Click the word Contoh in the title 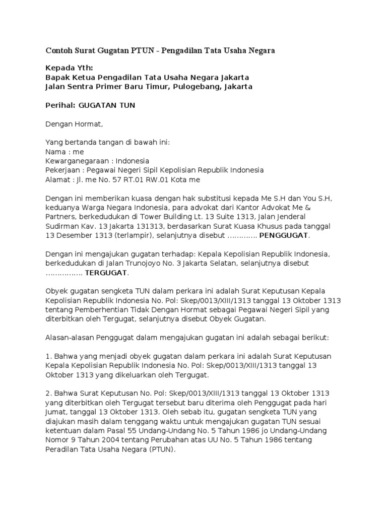[x=59, y=51]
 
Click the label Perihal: [x=60, y=105]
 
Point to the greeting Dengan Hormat [x=74, y=123]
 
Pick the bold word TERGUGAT [x=106, y=273]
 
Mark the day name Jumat [x=57, y=411]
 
